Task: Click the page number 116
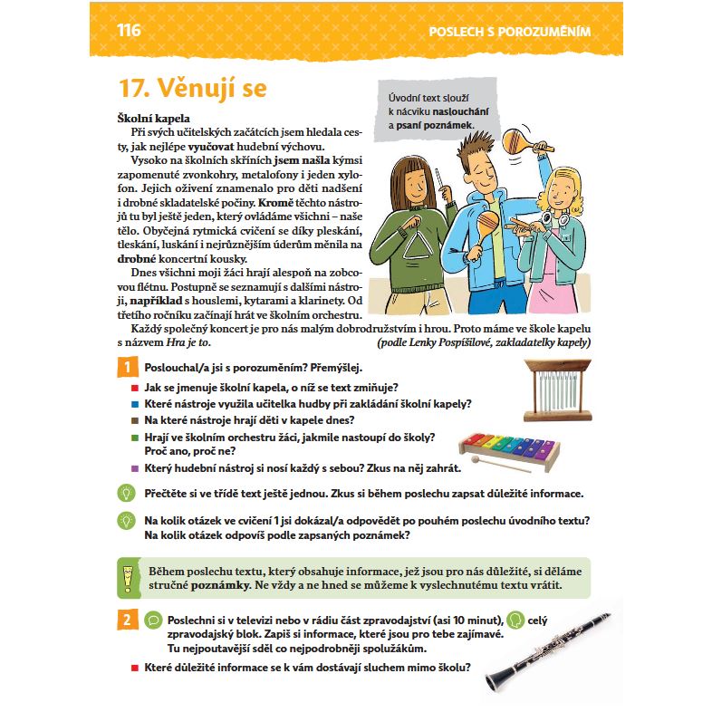(129, 31)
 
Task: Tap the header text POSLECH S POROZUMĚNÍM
(509, 32)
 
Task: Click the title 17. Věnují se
(193, 88)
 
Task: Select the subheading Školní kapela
(153, 119)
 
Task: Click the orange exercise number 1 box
(127, 367)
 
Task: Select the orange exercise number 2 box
(127, 620)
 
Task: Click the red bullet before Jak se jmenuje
(135, 388)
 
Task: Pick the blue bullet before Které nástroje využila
(135, 404)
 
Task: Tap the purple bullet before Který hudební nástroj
(135, 468)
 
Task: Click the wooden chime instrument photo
(558, 390)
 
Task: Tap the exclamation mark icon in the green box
(128, 578)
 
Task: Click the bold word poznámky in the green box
(221, 585)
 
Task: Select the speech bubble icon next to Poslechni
(153, 620)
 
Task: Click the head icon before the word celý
(515, 620)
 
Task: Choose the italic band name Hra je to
(188, 342)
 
